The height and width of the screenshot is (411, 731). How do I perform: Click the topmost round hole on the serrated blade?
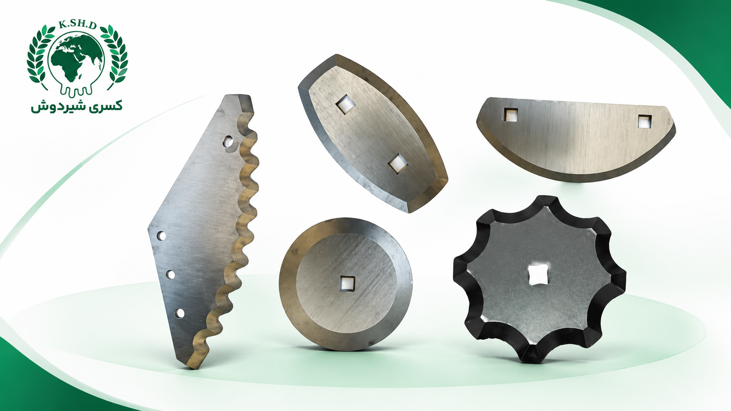[228, 142]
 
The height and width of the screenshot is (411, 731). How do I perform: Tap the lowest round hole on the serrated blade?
[179, 313]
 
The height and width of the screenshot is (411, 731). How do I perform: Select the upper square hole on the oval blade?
[345, 105]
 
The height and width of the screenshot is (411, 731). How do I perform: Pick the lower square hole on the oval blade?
[398, 163]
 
